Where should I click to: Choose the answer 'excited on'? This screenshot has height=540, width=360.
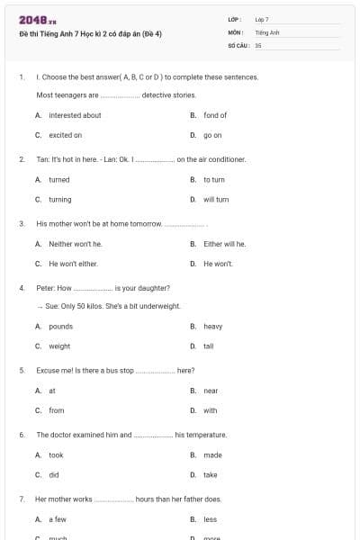(x=66, y=135)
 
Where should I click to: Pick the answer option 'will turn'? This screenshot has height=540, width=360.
(x=216, y=199)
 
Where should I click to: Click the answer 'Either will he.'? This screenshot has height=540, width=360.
(x=225, y=243)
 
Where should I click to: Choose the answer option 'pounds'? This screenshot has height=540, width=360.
(x=61, y=326)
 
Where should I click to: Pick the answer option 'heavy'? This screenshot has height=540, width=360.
(x=213, y=326)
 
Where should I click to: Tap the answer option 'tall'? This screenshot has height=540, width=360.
(x=209, y=346)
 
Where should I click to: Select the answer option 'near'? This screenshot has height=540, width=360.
(x=211, y=391)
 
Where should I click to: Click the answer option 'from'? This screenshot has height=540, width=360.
(x=57, y=410)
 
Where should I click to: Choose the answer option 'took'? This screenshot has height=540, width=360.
(x=57, y=454)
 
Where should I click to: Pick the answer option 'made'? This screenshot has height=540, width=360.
(x=212, y=454)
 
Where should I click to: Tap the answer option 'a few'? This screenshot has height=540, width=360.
(x=58, y=519)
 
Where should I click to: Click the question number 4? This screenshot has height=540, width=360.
(x=21, y=288)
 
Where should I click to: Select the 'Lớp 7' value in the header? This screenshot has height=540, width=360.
(x=262, y=19)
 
